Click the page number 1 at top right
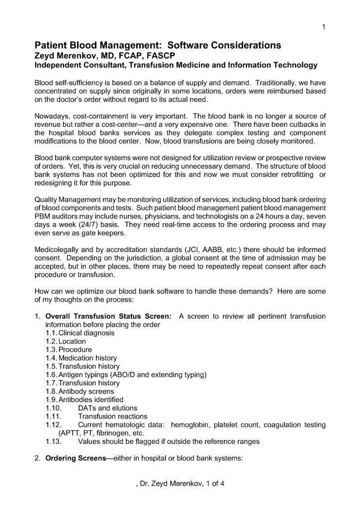(x=324, y=27)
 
